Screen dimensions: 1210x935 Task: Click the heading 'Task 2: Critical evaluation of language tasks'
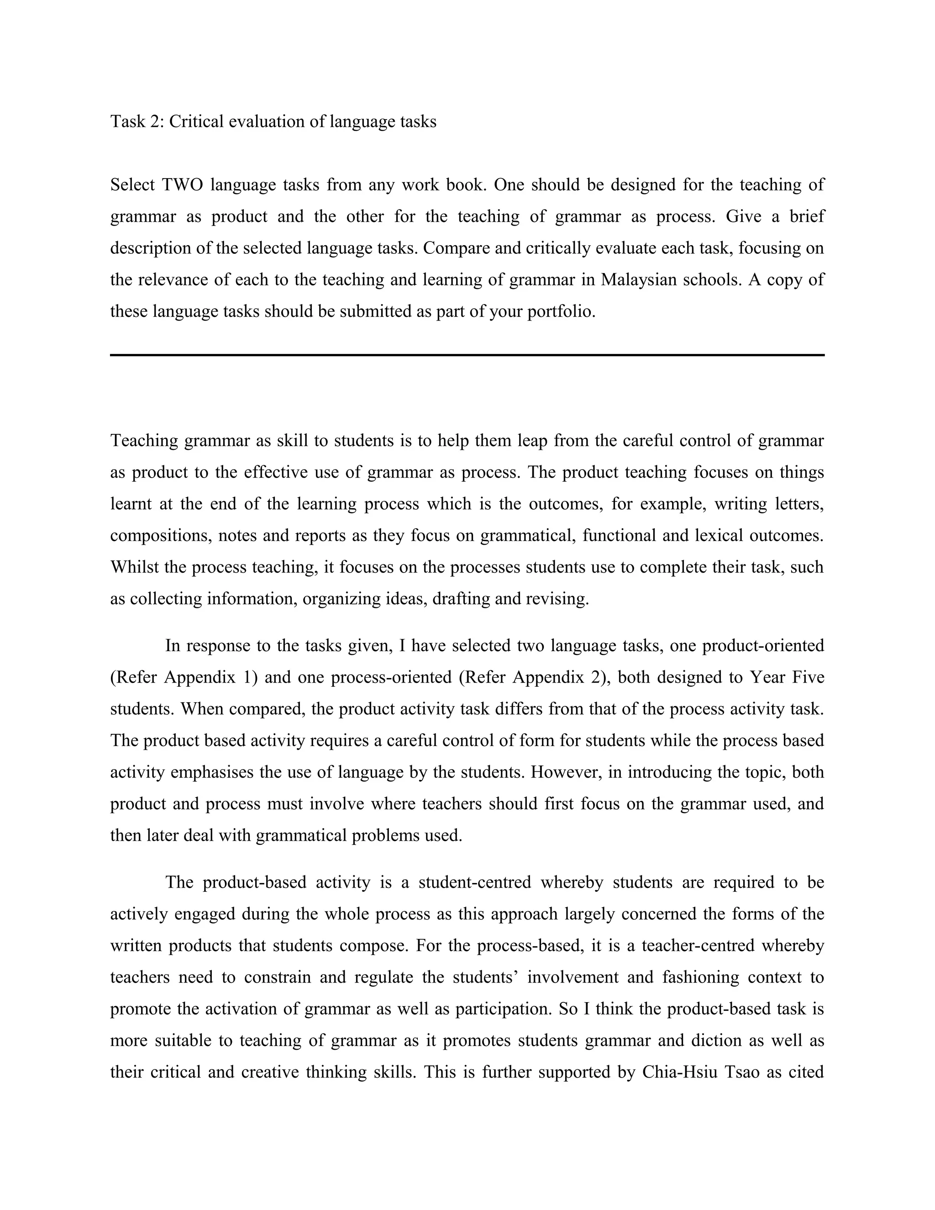tap(273, 121)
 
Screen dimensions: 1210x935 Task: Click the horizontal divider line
tap(467, 355)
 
